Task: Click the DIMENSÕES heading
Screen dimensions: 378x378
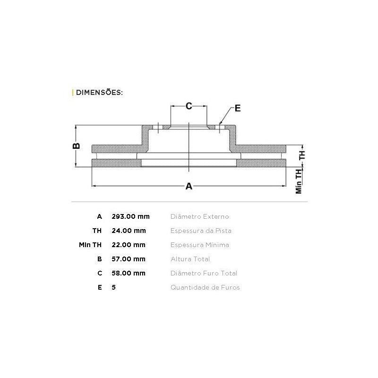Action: (99, 92)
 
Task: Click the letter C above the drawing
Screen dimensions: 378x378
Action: (189, 106)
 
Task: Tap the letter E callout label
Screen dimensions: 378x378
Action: (238, 108)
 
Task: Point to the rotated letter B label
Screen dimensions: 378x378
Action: (76, 146)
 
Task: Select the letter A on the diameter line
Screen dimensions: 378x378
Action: (189, 186)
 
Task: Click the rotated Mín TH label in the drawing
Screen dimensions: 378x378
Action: (299, 181)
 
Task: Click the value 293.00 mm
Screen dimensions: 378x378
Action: (131, 216)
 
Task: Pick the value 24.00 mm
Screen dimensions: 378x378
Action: (129, 231)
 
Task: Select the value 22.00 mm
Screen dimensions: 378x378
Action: (129, 245)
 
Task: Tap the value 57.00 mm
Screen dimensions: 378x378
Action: (129, 259)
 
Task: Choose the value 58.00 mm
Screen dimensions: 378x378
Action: (129, 273)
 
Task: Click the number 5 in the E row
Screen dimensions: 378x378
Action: (113, 287)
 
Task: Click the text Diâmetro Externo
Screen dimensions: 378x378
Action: (199, 216)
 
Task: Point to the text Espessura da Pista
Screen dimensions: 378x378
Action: (201, 231)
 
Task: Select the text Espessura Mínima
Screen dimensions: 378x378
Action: (200, 245)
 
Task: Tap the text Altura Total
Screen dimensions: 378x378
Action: (190, 259)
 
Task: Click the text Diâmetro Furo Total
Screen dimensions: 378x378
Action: (204, 273)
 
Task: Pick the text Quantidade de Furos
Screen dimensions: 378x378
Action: (205, 287)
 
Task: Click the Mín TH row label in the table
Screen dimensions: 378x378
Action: (90, 245)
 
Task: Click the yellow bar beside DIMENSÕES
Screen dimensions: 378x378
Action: (73, 92)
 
